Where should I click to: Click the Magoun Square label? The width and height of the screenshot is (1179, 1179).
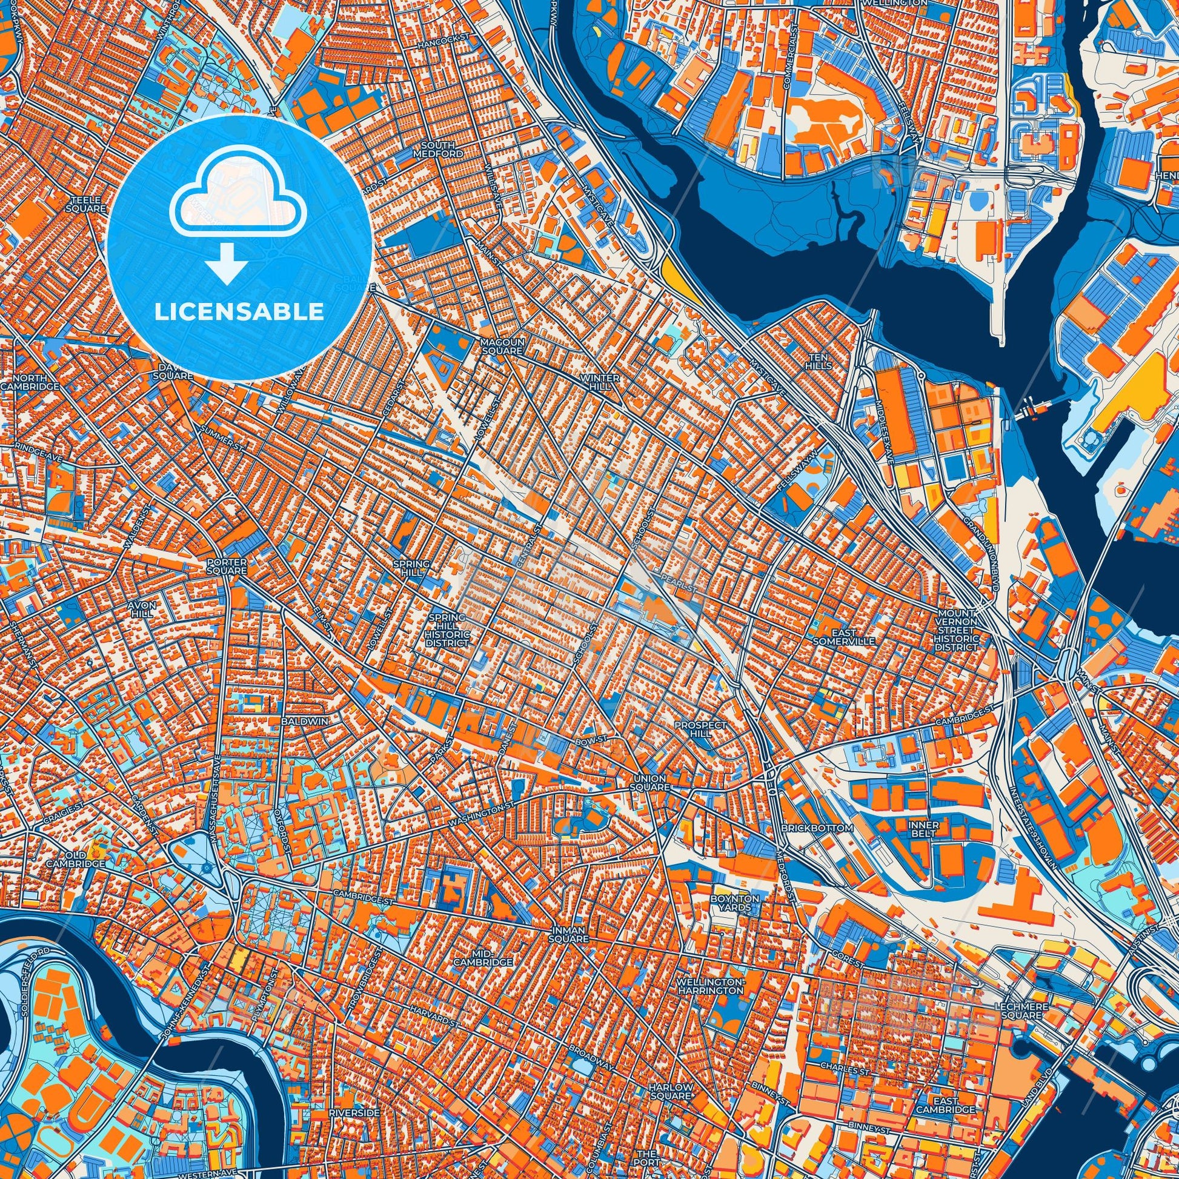click(x=501, y=347)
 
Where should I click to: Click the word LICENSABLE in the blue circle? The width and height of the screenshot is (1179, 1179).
click(x=239, y=312)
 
